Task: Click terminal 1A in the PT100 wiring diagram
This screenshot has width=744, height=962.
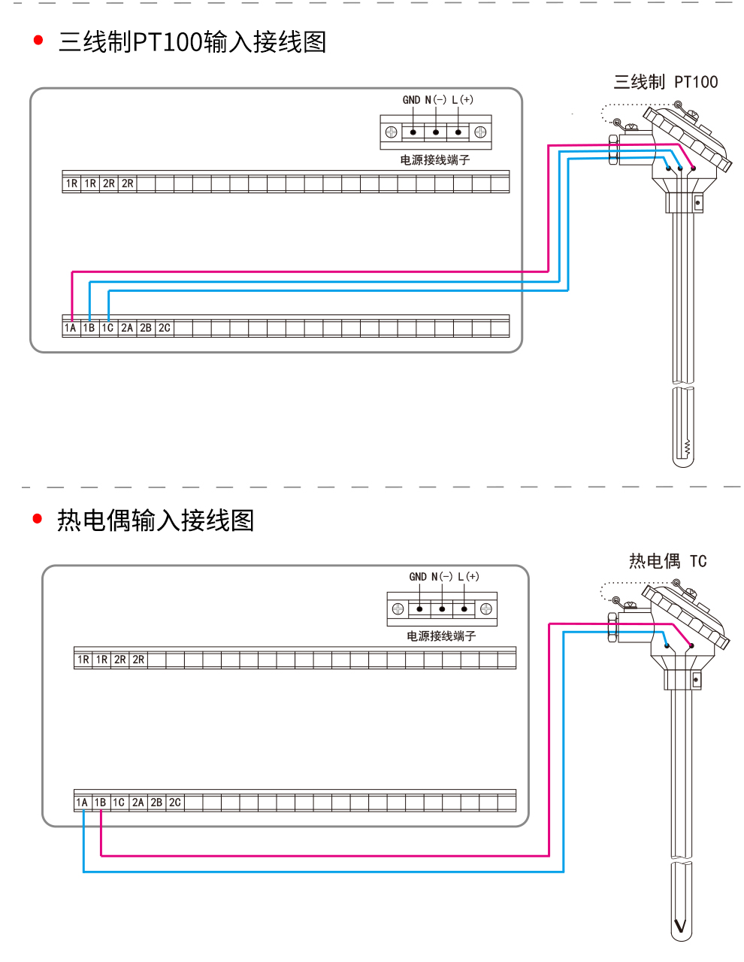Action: click(71, 328)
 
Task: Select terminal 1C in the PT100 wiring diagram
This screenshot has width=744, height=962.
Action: click(108, 328)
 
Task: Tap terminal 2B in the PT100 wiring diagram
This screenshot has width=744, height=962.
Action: click(146, 328)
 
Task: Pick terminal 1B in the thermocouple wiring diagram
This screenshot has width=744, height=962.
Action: click(101, 803)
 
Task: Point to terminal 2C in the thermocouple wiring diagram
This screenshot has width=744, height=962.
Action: click(175, 803)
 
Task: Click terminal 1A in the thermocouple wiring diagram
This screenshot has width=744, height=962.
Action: click(82, 803)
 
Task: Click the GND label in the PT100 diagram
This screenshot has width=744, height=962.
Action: click(411, 100)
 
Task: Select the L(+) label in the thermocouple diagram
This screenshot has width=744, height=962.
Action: click(468, 577)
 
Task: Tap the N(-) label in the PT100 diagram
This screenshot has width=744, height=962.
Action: click(436, 100)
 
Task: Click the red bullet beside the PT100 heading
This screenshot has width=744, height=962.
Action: click(38, 41)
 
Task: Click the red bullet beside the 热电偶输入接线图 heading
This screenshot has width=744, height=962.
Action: click(38, 518)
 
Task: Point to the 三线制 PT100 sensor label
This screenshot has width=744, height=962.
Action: click(665, 82)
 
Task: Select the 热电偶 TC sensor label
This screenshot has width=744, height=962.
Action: click(667, 561)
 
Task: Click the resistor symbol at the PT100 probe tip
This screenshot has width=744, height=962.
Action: click(687, 448)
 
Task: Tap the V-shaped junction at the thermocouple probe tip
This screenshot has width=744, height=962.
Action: click(681, 925)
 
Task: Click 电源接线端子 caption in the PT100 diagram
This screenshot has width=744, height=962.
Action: click(434, 160)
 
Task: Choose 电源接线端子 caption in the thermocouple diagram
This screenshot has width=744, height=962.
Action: click(441, 636)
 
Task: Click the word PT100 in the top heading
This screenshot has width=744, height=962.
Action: click(168, 42)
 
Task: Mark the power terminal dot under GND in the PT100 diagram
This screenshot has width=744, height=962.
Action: click(413, 132)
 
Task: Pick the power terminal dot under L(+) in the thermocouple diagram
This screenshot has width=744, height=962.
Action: click(464, 609)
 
